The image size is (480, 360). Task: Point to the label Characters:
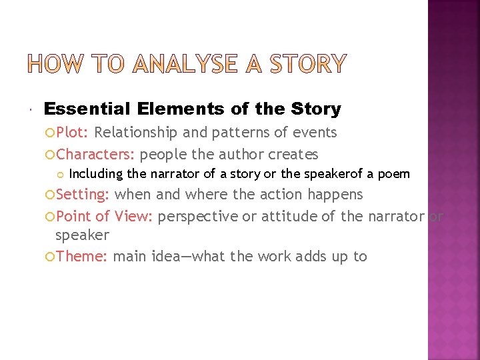point(96,155)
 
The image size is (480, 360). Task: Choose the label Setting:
point(83,194)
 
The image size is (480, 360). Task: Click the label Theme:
point(82,256)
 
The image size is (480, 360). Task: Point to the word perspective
point(198,216)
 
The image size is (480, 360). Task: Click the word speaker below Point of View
point(82,235)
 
